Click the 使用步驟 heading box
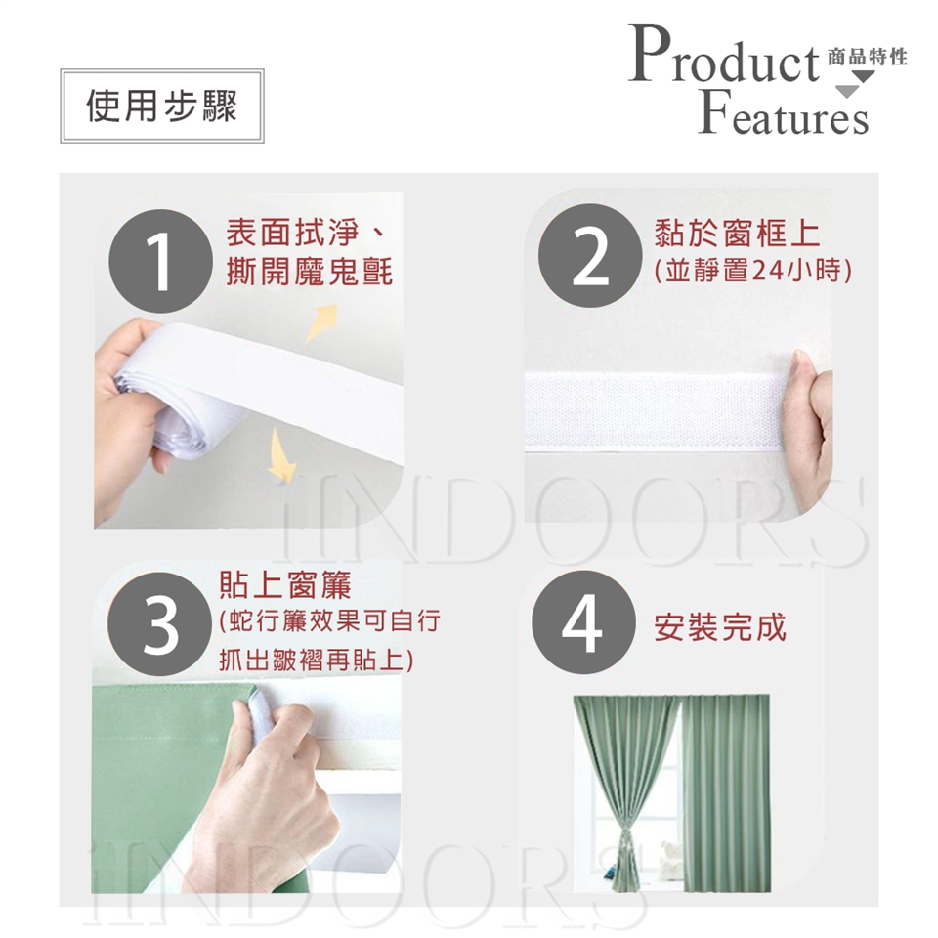click(161, 106)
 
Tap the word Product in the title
click(723, 55)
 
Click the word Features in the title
click(783, 112)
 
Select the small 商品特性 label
click(868, 57)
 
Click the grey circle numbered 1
click(160, 261)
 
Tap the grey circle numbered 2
click(590, 255)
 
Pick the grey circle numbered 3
click(159, 624)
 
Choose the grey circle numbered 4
click(583, 622)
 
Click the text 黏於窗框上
click(737, 233)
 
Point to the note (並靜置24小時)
click(753, 271)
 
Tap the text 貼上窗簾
click(285, 584)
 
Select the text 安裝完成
click(720, 627)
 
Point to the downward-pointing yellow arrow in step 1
click(280, 455)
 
